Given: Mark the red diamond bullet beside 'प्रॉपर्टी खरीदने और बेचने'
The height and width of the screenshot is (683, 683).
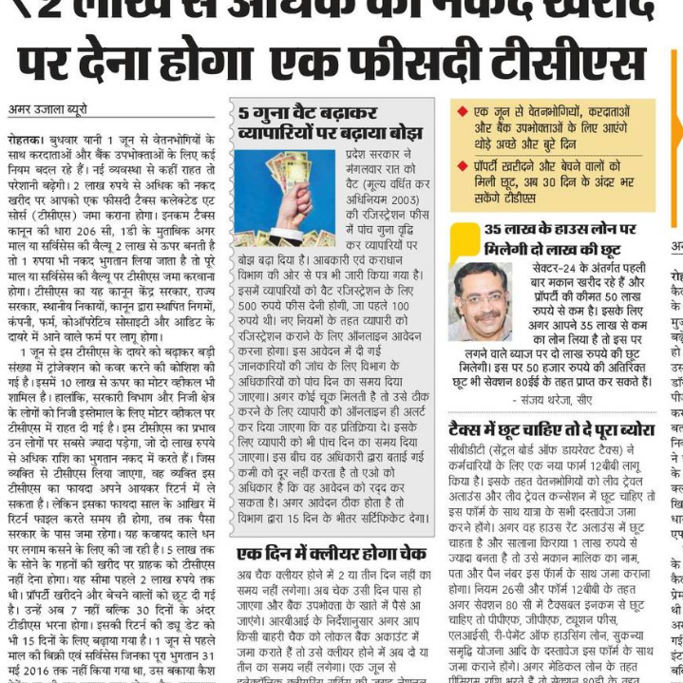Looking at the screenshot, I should pyautogui.click(x=462, y=165).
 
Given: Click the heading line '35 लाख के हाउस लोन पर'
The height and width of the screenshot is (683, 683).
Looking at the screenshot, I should pyautogui.click(x=560, y=229).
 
